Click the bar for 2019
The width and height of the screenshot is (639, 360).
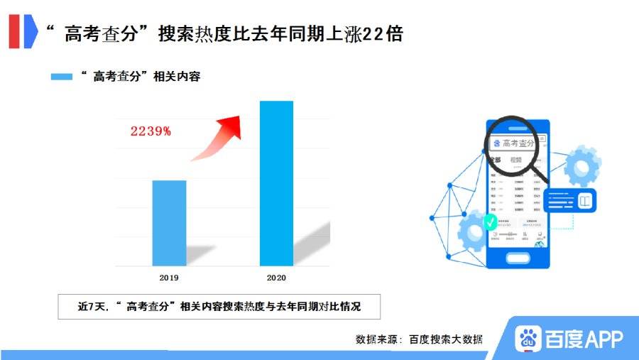[170, 223]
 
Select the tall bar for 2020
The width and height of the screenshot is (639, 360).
[276, 183]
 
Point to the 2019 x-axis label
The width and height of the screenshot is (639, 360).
[170, 278]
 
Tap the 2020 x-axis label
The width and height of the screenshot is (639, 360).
[276, 278]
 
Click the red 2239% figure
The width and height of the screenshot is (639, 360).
[150, 131]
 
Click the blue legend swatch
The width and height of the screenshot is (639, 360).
[62, 77]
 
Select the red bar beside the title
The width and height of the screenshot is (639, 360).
[14, 32]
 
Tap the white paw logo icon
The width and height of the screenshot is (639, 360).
[528, 339]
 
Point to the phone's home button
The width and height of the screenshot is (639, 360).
[518, 258]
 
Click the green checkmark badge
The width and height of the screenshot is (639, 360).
[490, 222]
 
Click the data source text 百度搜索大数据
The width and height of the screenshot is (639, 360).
[446, 339]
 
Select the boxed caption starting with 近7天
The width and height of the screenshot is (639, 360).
[219, 307]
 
